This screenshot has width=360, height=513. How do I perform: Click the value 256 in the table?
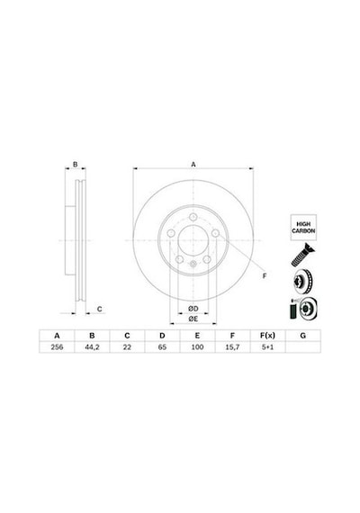[57, 347]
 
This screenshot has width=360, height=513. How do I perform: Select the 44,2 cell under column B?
[92, 347]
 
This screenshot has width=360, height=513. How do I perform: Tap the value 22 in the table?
[127, 347]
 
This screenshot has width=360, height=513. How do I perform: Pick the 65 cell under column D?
[162, 347]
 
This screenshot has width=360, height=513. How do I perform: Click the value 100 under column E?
[197, 347]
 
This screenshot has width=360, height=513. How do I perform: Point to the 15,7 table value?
[232, 347]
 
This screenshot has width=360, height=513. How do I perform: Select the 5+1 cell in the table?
[267, 347]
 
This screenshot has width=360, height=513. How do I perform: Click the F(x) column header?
[267, 336]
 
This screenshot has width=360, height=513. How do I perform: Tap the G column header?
[303, 336]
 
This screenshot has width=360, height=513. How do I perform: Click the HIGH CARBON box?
[303, 228]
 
